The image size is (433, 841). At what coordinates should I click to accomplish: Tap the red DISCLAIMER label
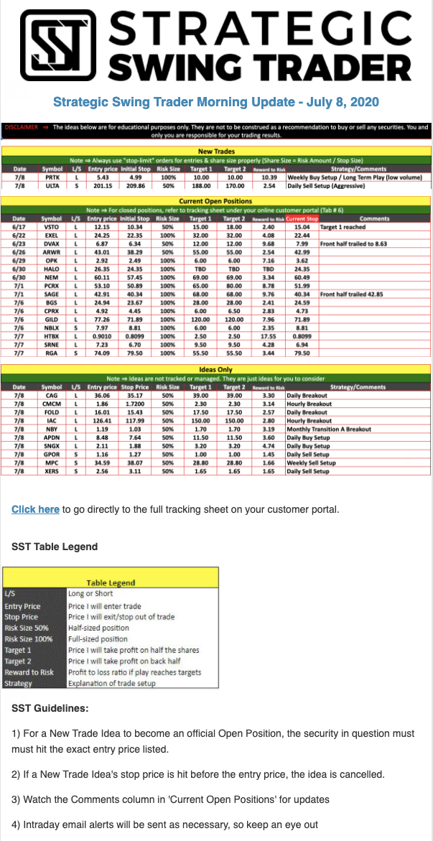[22, 127]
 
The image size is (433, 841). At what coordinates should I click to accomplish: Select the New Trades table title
[215, 152]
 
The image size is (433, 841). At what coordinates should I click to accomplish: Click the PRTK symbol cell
[52, 177]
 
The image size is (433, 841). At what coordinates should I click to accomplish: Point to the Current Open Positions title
[215, 201]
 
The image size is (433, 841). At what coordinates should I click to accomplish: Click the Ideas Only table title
[215, 370]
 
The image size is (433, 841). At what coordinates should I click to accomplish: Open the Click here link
[35, 509]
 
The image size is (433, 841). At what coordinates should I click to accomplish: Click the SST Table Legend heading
[55, 547]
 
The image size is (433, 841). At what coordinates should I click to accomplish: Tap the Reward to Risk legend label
[29, 672]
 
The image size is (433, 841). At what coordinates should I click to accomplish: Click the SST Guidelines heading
[50, 708]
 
